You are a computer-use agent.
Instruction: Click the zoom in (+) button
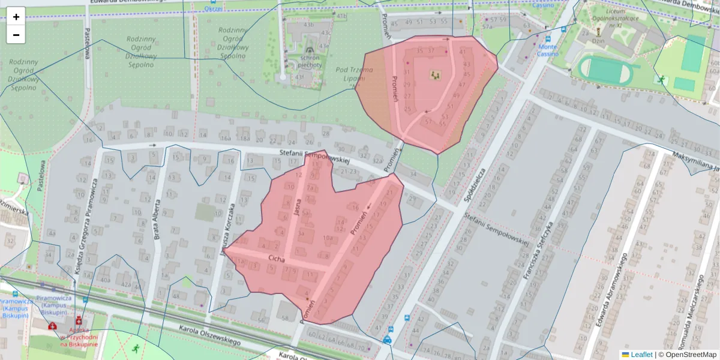point(16,17)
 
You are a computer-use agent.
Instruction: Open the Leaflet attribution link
point(641,355)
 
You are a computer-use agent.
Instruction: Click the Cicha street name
point(277,258)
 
